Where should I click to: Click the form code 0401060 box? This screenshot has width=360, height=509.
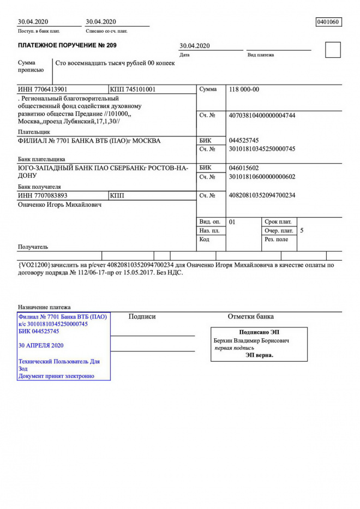328,22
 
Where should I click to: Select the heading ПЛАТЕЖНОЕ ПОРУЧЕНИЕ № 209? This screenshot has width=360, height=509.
67,45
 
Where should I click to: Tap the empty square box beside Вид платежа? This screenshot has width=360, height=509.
332,50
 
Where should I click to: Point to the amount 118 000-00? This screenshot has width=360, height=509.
244,89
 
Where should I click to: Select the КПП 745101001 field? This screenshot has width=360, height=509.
133,89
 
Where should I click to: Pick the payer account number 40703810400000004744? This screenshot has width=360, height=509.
262,116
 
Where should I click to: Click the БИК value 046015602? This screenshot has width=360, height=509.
244,168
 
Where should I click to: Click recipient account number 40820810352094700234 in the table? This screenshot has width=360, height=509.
262,195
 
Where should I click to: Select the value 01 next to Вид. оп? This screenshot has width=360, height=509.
232,222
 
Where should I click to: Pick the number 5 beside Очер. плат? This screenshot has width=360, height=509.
302,231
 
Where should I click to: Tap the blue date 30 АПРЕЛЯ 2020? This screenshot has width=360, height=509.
41,346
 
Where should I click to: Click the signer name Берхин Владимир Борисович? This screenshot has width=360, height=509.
251,340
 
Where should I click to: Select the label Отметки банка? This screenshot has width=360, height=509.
250,316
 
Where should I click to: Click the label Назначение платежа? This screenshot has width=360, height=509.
44,307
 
